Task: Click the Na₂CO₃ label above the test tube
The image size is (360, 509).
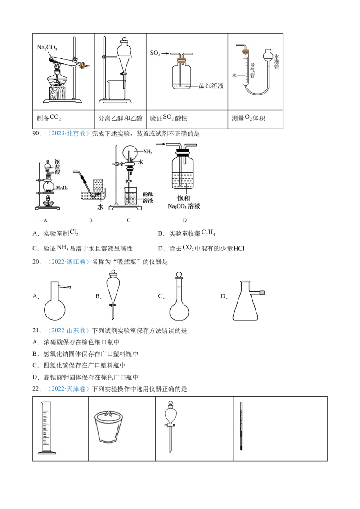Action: point(47,48)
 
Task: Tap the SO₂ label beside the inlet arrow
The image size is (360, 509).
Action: point(155,53)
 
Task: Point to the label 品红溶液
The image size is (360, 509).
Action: point(211,86)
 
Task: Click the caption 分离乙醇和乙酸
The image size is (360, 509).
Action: point(121,118)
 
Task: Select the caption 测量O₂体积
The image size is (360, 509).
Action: point(248,118)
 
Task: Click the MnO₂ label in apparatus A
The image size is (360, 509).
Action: point(62,188)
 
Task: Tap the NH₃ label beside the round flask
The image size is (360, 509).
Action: point(148,152)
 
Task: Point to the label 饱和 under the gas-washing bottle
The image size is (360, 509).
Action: point(184,198)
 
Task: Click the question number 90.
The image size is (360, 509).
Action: point(37,134)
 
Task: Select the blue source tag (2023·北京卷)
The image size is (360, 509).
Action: point(68,134)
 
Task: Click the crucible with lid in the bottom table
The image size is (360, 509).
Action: point(109,426)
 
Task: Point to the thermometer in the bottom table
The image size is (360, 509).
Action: point(241,426)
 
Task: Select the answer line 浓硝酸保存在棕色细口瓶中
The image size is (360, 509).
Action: point(81,343)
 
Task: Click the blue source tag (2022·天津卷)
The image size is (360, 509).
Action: point(68,389)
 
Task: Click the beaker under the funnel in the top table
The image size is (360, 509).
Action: point(117,90)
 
